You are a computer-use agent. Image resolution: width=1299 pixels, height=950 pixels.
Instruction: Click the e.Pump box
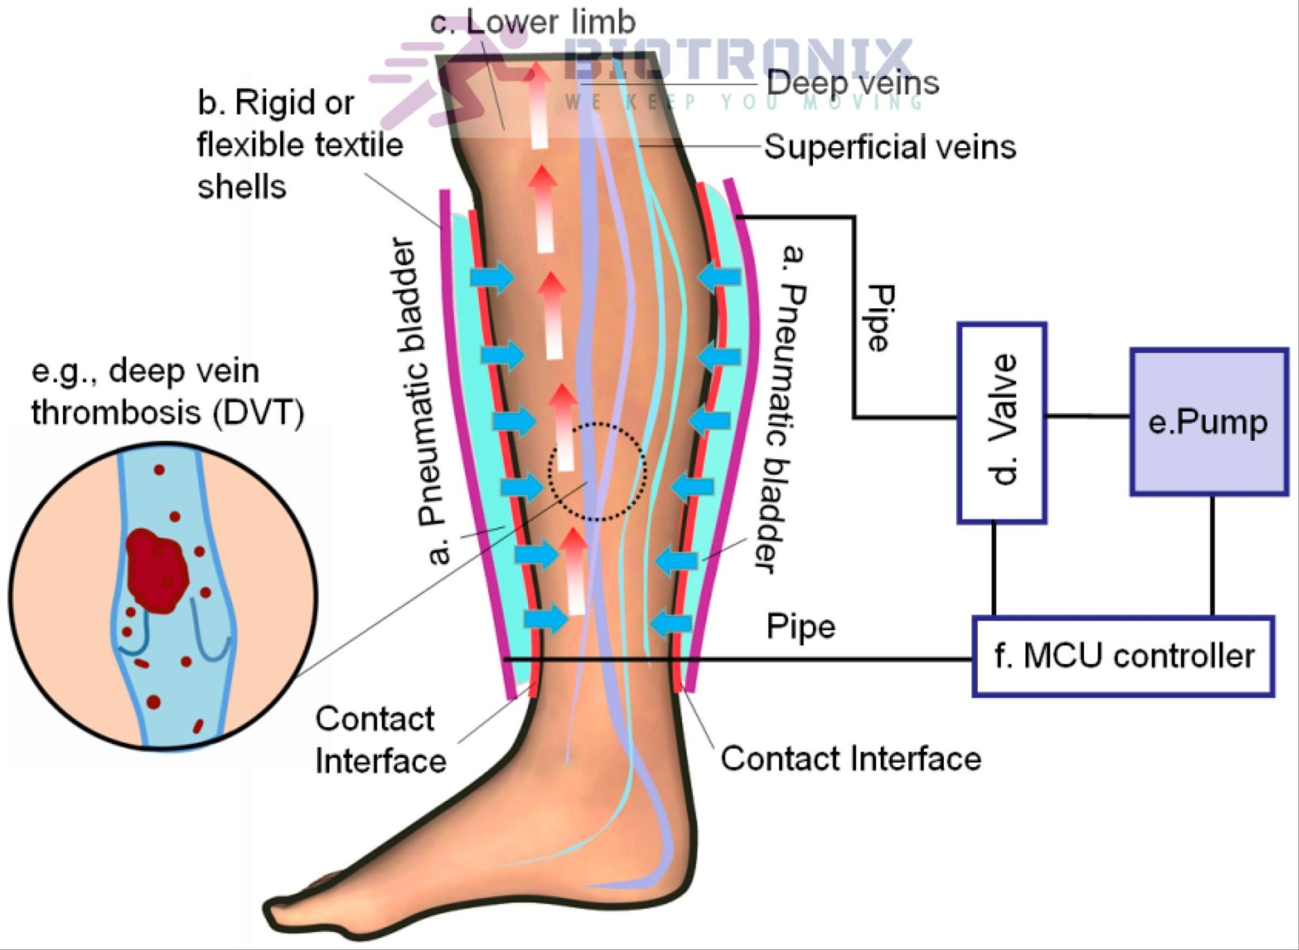click(x=1209, y=422)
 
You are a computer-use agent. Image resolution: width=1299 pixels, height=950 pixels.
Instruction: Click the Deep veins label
click(x=853, y=83)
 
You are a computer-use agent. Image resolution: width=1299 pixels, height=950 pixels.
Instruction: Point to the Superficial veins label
click(x=890, y=147)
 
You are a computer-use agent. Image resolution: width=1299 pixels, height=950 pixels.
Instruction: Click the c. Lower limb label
click(x=533, y=22)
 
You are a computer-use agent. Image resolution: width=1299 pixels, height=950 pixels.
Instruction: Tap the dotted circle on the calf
click(x=597, y=471)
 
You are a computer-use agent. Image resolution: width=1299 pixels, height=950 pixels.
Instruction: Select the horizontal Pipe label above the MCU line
click(x=801, y=627)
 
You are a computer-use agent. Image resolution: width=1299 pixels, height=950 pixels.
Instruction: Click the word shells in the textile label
click(x=242, y=187)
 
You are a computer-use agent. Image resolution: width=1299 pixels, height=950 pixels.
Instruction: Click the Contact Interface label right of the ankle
click(x=851, y=758)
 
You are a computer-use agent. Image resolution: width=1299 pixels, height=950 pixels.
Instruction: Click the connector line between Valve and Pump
click(x=1089, y=416)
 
